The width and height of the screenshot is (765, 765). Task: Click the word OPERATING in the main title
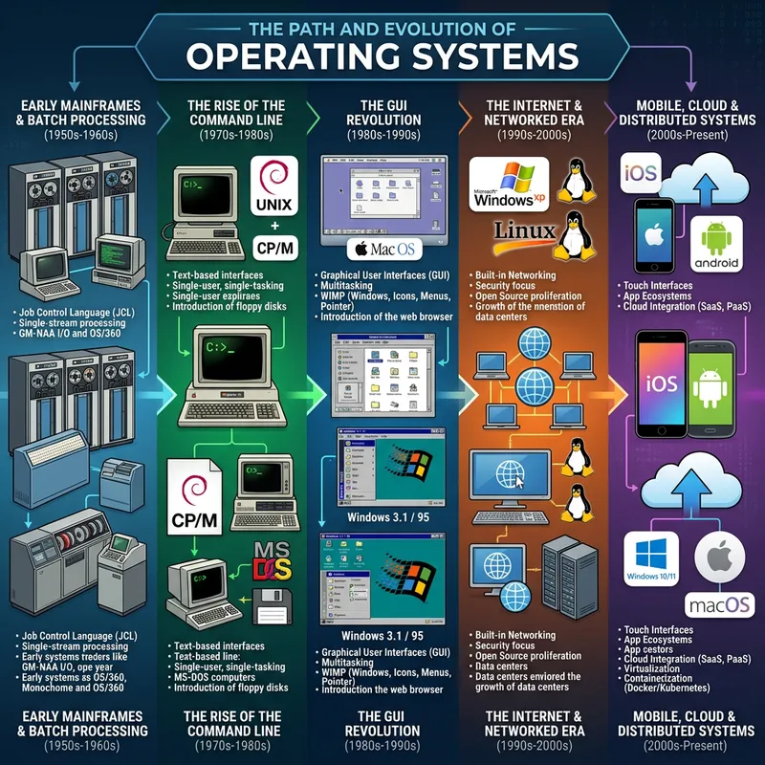point(293,55)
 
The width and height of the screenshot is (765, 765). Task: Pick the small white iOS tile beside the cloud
point(640,175)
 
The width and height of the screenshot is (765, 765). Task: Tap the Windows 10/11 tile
point(652,557)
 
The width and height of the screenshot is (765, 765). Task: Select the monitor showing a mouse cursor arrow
point(516,471)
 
